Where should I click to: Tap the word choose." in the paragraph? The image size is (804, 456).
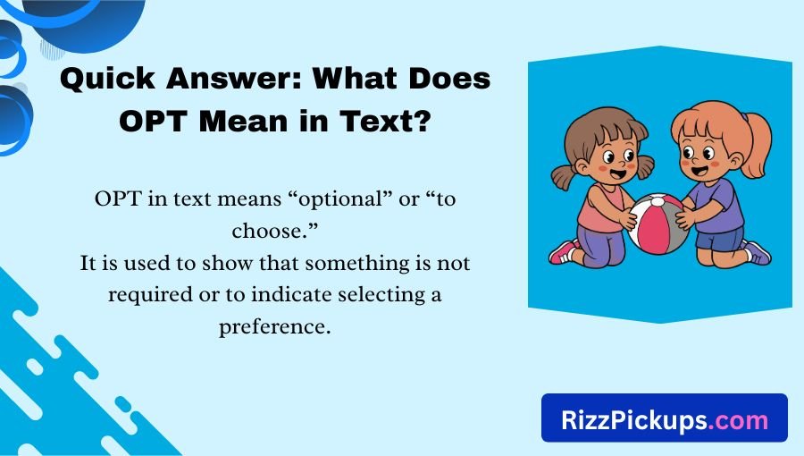[x=275, y=232]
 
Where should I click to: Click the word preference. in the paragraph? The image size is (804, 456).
[x=275, y=327]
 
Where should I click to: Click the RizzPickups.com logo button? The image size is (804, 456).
[x=664, y=418]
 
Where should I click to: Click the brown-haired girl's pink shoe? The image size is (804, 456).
[x=562, y=252]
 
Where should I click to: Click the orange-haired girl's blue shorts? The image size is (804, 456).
[x=719, y=240]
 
